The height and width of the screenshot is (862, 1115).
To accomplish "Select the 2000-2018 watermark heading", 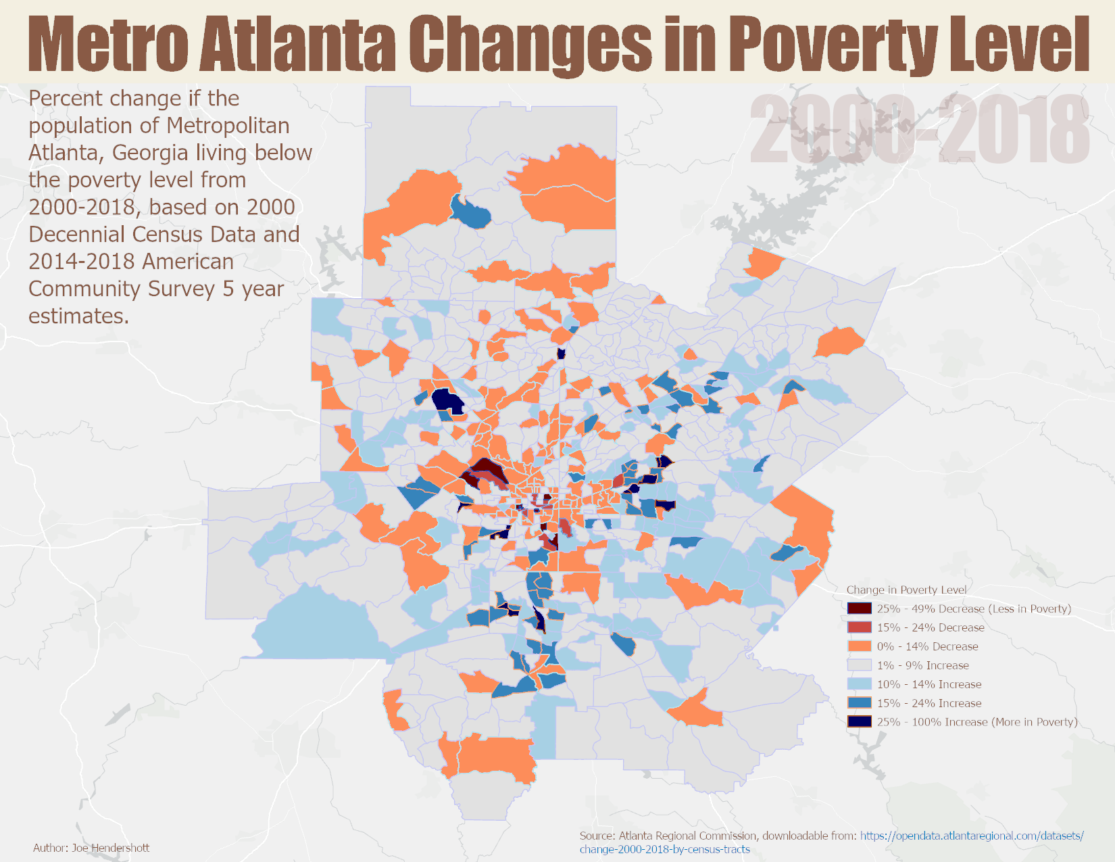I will coord(919,130).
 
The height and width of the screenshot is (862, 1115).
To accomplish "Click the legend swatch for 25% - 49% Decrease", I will coord(859,608).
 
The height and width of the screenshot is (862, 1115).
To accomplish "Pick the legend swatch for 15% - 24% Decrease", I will coord(859,627).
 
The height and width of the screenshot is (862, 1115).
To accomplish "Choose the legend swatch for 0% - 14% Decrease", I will coord(859,646).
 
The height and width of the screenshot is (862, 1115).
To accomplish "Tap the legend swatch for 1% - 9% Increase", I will coord(859,665).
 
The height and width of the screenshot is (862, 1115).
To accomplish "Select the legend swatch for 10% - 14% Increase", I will coord(859,684).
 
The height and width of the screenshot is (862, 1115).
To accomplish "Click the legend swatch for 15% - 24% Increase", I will coord(859,703).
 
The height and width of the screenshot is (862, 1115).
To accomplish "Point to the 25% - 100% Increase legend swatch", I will coord(859,722).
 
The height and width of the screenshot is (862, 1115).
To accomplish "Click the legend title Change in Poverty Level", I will coord(906,590).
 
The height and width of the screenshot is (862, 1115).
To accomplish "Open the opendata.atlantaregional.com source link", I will coord(971,836).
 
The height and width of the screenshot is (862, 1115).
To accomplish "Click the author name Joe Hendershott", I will coord(110,848).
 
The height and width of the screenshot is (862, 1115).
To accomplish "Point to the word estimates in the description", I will coord(78,316).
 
